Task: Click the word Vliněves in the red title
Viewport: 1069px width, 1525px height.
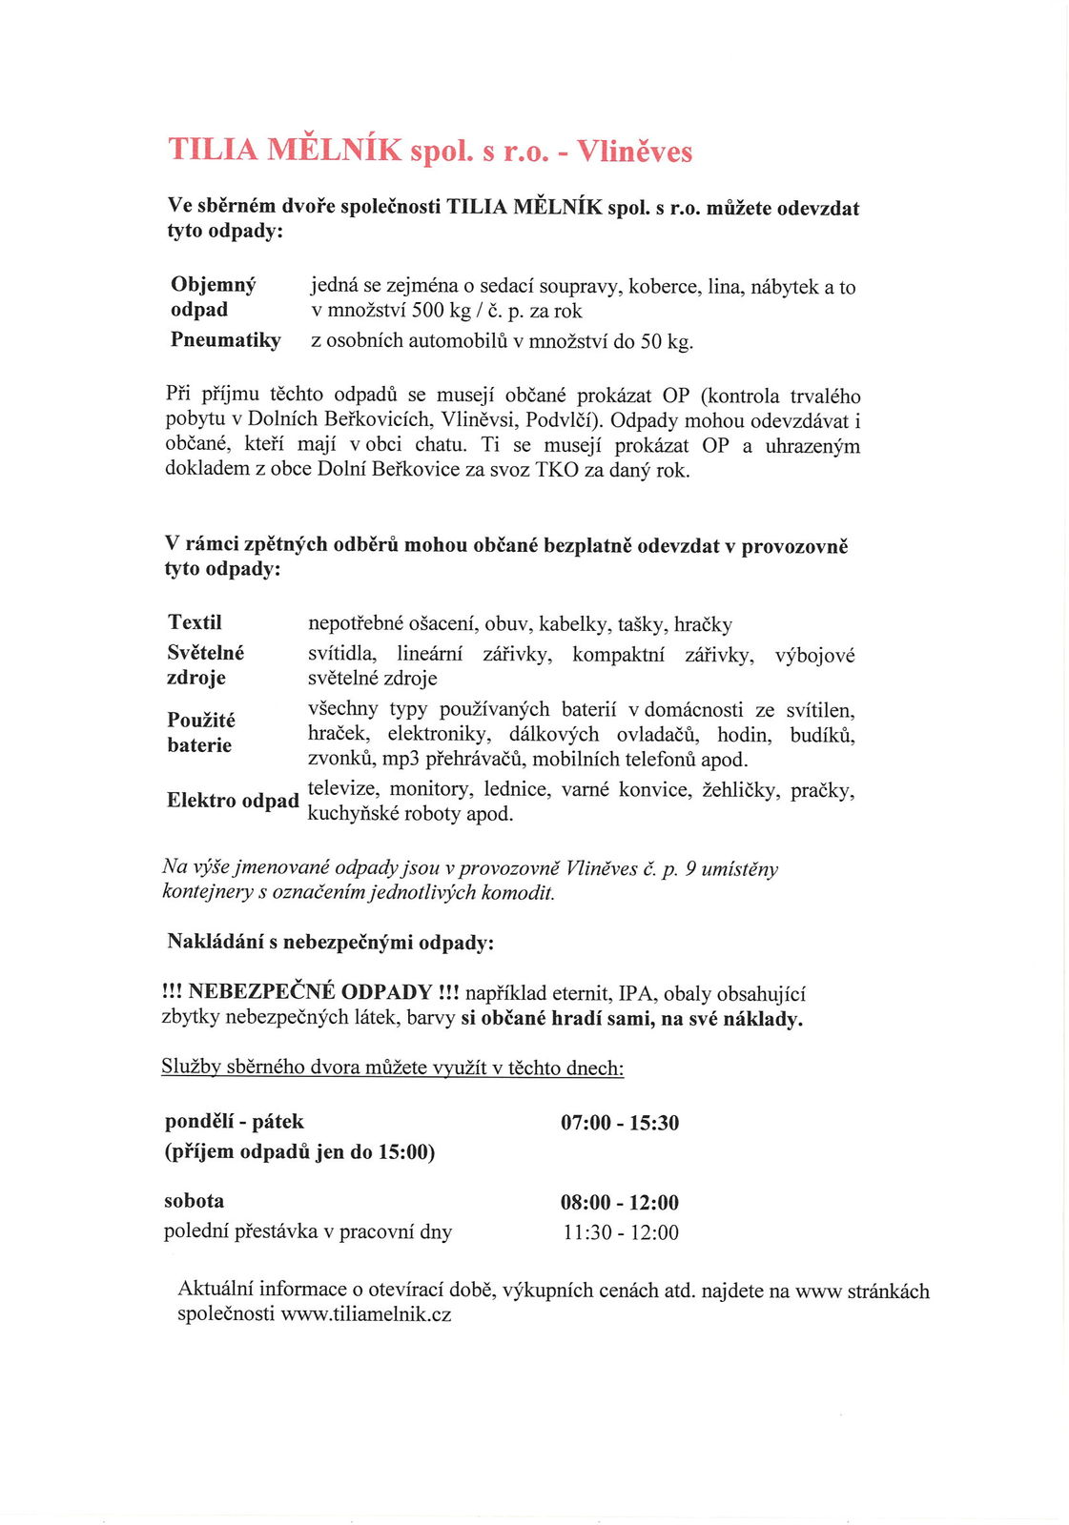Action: (634, 152)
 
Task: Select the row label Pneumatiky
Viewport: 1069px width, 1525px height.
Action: (226, 340)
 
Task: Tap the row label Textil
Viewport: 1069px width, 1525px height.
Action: (195, 622)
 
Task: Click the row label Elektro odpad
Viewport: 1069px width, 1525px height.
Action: (233, 801)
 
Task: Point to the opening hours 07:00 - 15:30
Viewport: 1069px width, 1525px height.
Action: (620, 1123)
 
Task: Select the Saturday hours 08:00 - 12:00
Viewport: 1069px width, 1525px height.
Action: (620, 1203)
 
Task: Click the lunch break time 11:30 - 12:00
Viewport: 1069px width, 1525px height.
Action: (620, 1232)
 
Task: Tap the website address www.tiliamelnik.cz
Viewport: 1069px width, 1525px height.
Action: (366, 1314)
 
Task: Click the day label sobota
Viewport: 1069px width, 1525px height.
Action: (195, 1201)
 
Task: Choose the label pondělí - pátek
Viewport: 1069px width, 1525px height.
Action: (235, 1122)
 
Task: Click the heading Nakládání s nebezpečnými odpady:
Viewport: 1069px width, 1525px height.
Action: (331, 943)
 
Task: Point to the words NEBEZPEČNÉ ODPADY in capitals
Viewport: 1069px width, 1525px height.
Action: (311, 992)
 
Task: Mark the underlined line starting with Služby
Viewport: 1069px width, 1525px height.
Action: (393, 1067)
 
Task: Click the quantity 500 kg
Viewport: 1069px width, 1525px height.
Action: (442, 311)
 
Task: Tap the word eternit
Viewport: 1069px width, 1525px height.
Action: (581, 994)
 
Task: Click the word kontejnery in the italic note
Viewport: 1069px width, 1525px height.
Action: (205, 893)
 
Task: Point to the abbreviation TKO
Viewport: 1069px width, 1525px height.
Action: (557, 470)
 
